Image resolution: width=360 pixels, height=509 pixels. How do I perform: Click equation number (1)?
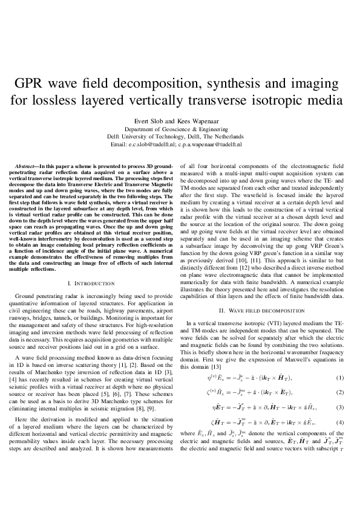340,378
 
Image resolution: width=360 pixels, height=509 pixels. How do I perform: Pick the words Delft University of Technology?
154,137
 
